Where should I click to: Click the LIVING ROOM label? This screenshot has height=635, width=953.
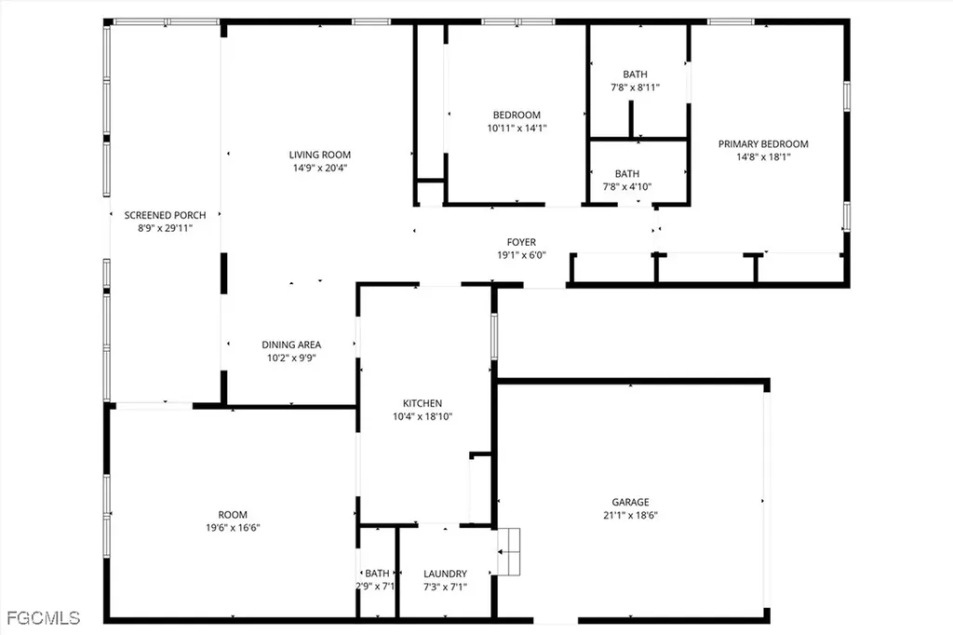[x=319, y=155]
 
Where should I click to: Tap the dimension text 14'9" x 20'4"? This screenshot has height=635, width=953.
[x=319, y=169]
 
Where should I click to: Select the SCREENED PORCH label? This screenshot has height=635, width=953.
[x=165, y=215]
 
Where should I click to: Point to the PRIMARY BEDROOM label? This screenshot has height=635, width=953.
[x=763, y=144]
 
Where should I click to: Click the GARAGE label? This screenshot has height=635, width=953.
[x=630, y=502]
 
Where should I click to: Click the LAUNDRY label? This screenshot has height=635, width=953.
[x=445, y=574]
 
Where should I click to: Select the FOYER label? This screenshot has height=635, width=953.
[x=521, y=242]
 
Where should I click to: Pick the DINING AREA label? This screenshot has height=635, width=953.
[x=291, y=345]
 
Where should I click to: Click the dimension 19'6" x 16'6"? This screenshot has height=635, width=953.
[x=233, y=528]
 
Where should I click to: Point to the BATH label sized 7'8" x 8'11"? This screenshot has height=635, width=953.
[x=635, y=74]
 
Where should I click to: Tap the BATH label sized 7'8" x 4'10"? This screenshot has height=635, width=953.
[x=627, y=173]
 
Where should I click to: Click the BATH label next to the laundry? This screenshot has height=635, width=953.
[x=377, y=574]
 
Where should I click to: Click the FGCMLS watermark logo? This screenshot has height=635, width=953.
[x=43, y=617]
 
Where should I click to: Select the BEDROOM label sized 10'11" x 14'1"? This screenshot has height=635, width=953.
[x=517, y=115]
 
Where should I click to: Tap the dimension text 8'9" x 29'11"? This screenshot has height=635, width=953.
[x=165, y=227]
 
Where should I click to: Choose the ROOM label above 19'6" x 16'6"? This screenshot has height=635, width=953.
[x=233, y=515]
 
